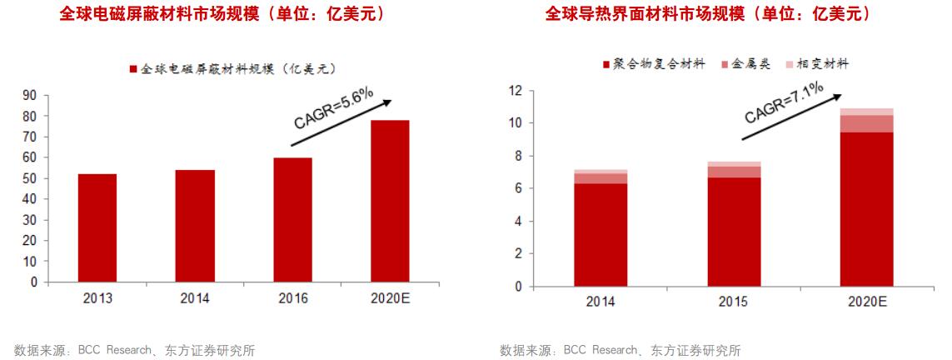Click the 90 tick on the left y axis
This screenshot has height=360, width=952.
coord(30,95)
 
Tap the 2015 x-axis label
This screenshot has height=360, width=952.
coord(733,301)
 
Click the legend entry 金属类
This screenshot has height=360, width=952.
coord(749,64)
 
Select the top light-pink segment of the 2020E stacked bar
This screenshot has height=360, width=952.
coord(866,112)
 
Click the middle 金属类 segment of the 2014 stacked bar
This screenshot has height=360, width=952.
coord(600,178)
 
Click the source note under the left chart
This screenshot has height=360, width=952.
coord(133,350)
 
